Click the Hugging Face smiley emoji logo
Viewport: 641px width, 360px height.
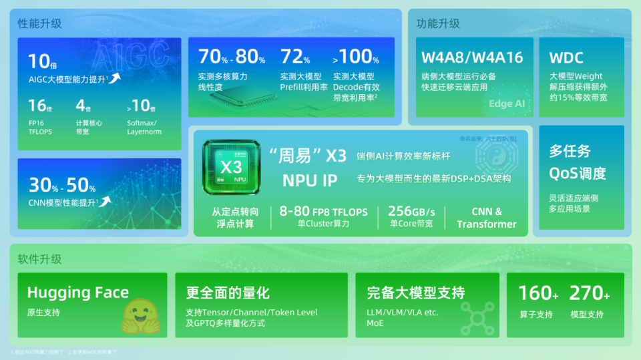[x=141, y=316]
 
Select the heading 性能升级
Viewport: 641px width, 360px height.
[x=40, y=23]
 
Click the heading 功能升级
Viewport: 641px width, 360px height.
[x=438, y=23]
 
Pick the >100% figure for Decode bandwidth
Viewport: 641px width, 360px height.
[x=355, y=57]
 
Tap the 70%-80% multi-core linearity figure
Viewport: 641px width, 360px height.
[x=232, y=57]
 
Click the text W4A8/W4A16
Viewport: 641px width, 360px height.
[x=472, y=57]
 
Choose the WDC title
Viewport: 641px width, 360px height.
[x=566, y=57]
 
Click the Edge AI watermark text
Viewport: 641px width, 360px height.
[x=507, y=104]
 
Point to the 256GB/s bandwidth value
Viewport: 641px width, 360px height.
[x=411, y=212]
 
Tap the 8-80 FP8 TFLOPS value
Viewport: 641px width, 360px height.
[x=323, y=212]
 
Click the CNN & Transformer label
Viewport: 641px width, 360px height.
[x=487, y=218]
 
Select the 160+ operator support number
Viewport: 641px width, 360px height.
[x=538, y=293]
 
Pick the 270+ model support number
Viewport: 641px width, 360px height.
[x=590, y=293]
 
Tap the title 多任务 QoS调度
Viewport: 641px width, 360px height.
[x=578, y=162]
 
